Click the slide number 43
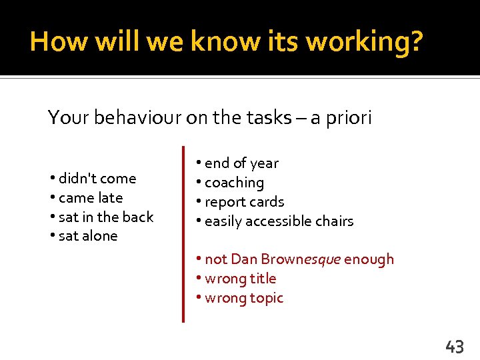coord(454,346)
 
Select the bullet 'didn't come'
coord(93,178)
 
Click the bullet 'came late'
coord(87,197)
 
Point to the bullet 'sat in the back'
coord(102,217)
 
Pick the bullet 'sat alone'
coord(84,236)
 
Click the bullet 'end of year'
coord(237,163)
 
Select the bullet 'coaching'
coord(230,182)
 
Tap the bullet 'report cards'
coord(240,201)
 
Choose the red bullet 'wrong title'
coord(236,278)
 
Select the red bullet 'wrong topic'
coord(240,297)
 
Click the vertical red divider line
coord(183,233)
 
